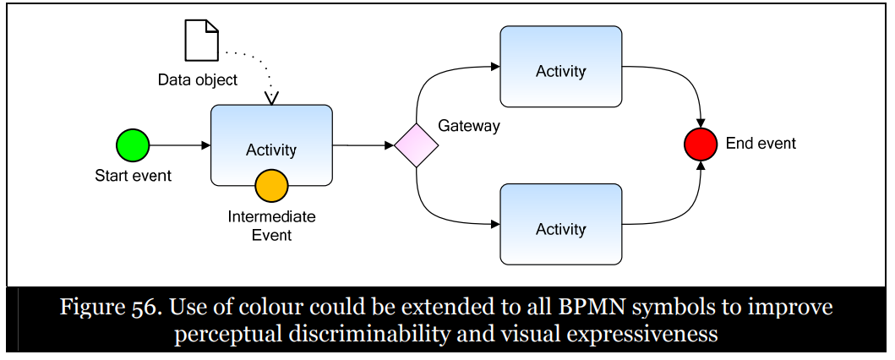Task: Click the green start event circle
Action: (133, 145)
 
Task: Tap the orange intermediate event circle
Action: (271, 184)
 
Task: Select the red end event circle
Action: (701, 145)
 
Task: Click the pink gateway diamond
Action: (417, 145)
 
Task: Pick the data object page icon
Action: (202, 41)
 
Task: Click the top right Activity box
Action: (560, 71)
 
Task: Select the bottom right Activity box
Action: (560, 228)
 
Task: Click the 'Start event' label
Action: (133, 176)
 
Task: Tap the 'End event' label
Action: (761, 144)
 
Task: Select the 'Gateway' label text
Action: (468, 126)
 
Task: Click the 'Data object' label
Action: (198, 80)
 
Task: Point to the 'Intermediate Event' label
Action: (271, 226)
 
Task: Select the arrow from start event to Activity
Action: (180, 145)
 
